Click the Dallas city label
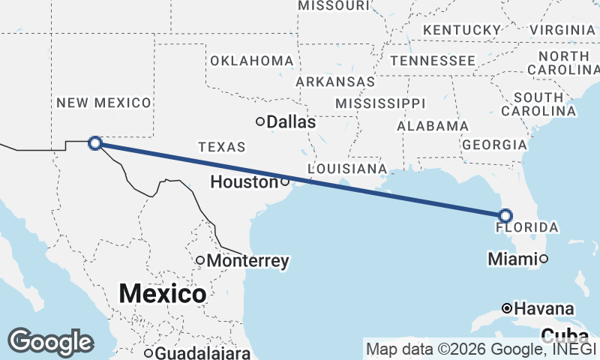(291, 121)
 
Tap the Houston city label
(244, 181)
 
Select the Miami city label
(512, 259)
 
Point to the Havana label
(544, 308)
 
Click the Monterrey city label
(248, 261)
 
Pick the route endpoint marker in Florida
(505, 216)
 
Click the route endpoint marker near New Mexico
(95, 142)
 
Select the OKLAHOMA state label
(252, 60)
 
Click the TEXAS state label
(221, 146)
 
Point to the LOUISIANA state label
(347, 168)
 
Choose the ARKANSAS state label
(335, 81)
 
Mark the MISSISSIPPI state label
(380, 103)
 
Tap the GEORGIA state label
(493, 144)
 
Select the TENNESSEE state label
(432, 60)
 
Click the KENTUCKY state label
(462, 29)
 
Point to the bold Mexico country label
(162, 293)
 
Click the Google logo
(50, 342)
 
